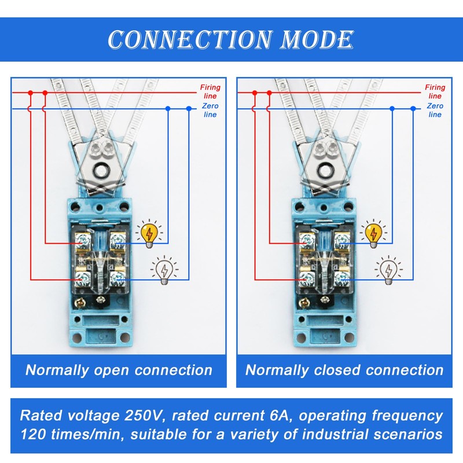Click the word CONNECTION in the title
point(190,39)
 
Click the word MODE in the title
point(317,39)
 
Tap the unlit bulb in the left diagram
point(164,270)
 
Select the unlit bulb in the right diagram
point(388,270)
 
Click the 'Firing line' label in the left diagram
point(210,91)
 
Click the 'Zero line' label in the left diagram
point(210,110)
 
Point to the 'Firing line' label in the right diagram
point(435,91)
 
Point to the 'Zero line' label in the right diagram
point(435,110)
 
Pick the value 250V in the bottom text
point(143,416)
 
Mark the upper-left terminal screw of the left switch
point(83,240)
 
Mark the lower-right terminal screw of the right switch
point(342,278)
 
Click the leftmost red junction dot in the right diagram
point(255,93)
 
